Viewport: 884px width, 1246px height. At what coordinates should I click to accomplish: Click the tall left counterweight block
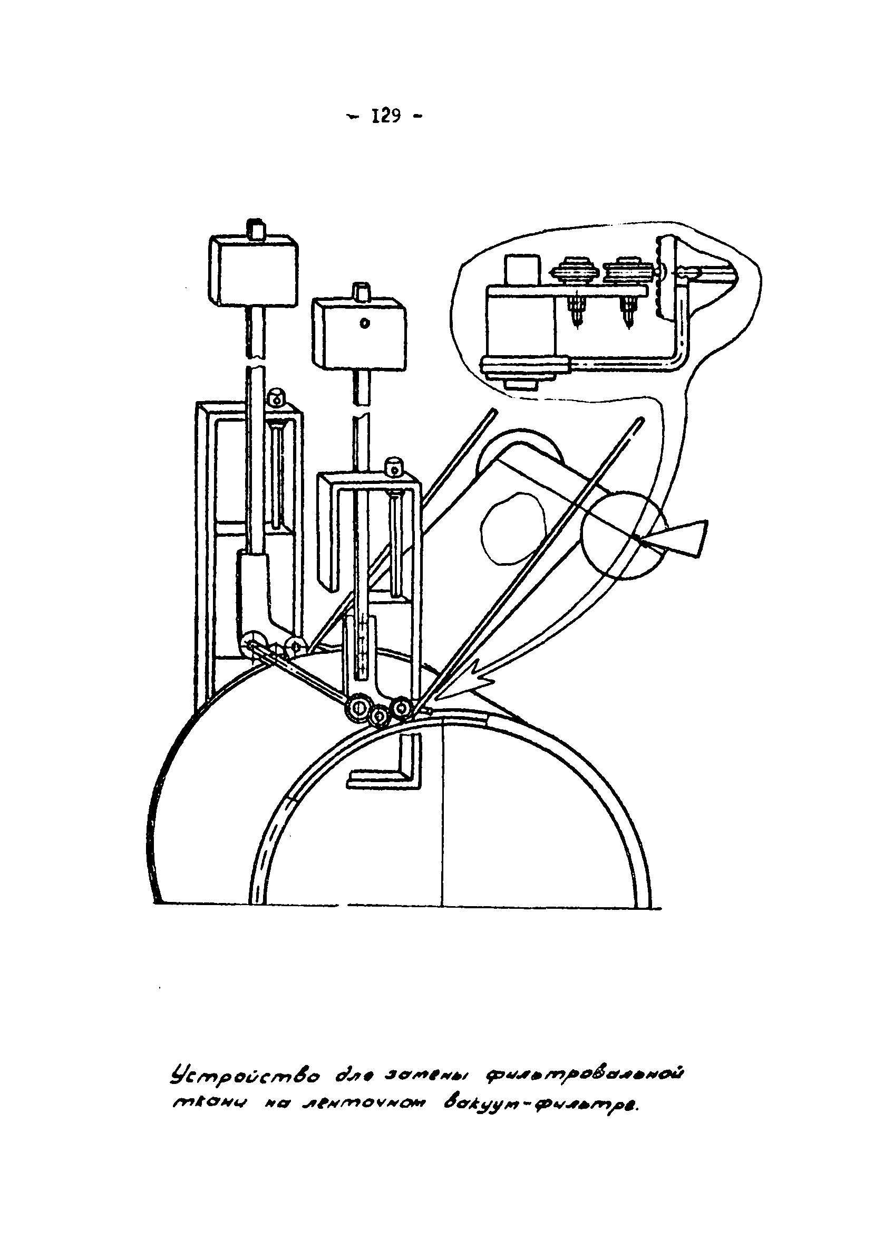[254, 271]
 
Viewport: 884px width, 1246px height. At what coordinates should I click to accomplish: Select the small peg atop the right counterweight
[362, 291]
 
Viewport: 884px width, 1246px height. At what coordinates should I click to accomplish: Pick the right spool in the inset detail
[627, 270]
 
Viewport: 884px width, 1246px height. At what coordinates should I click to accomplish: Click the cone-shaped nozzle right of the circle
[684, 537]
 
